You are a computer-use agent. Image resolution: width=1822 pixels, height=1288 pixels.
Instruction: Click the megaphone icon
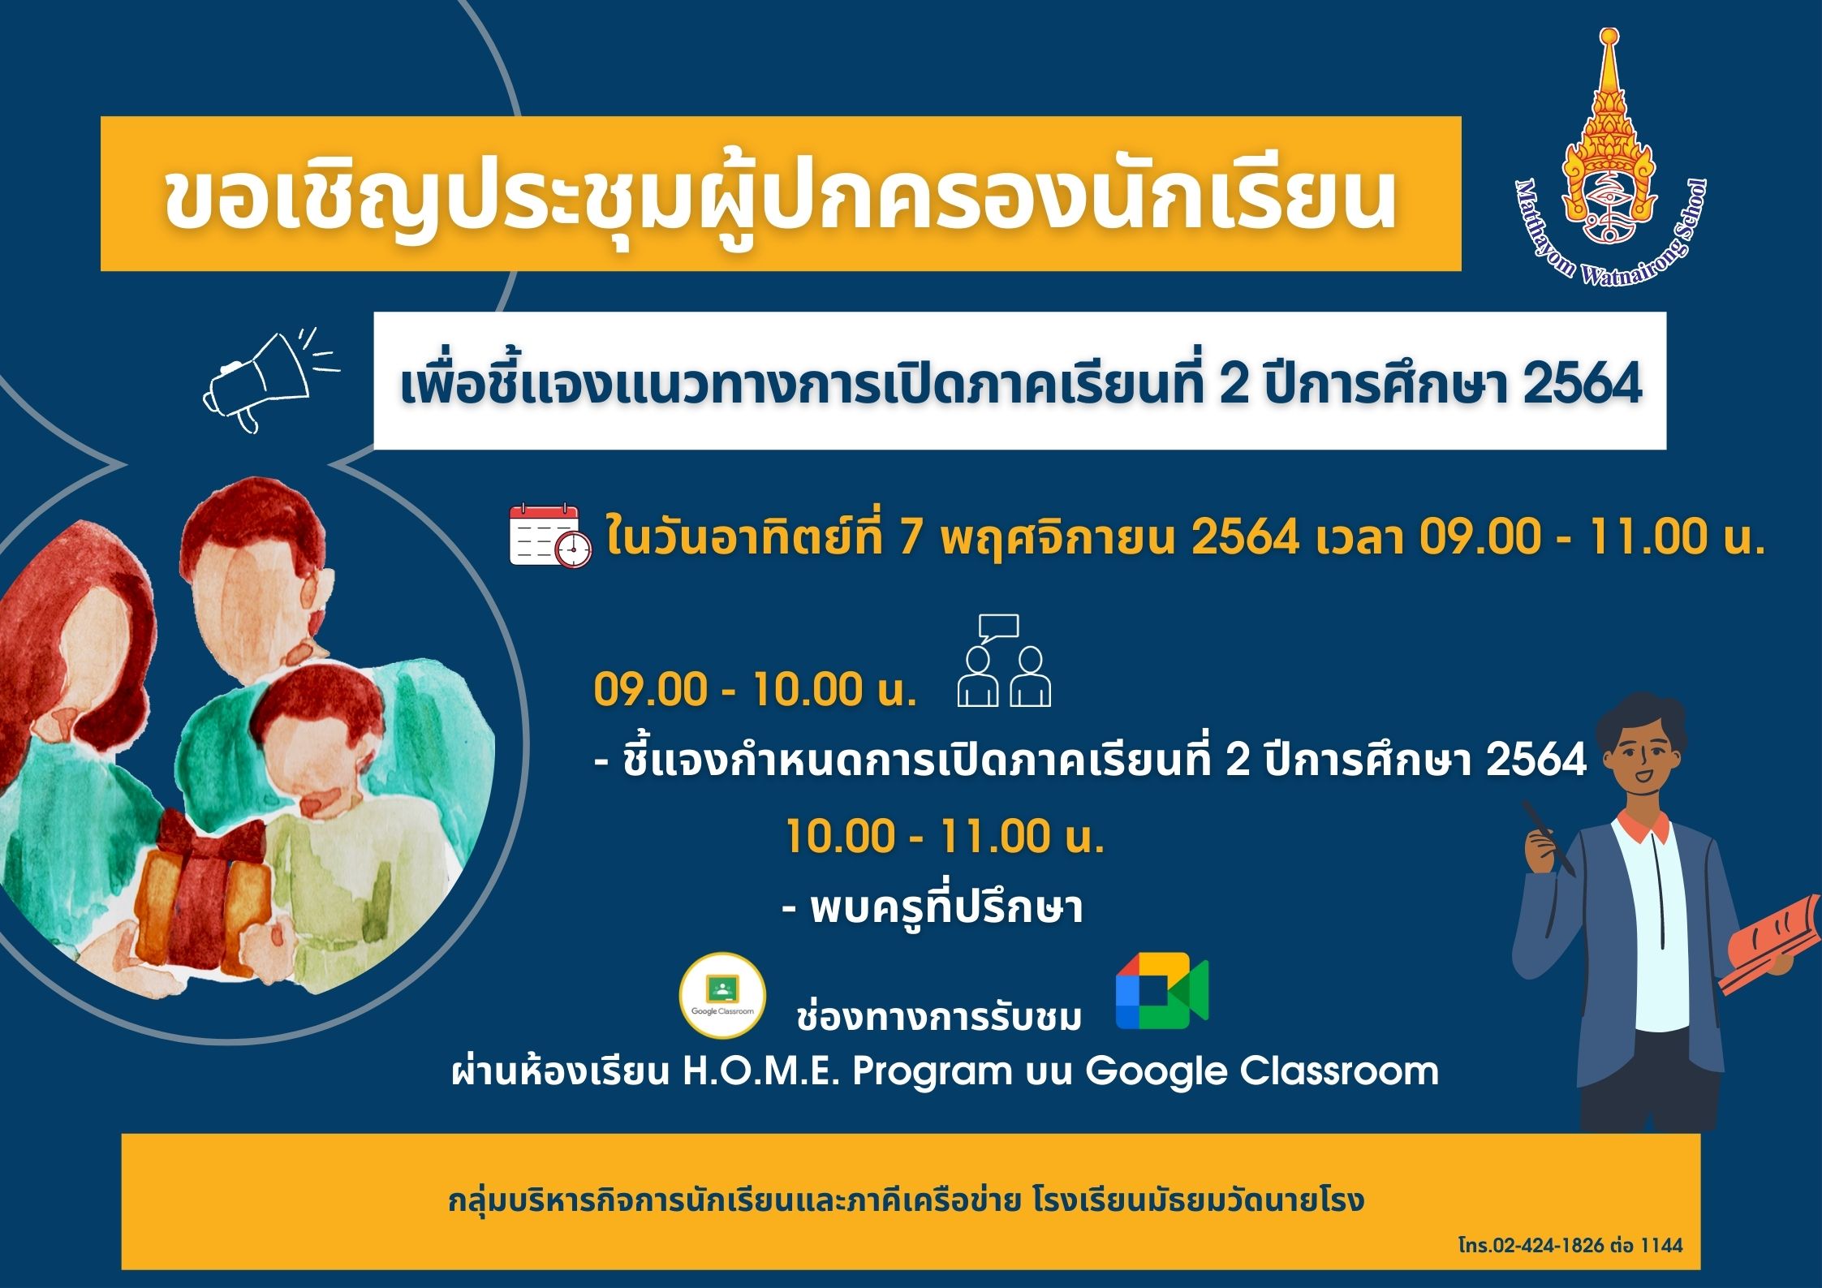(268, 380)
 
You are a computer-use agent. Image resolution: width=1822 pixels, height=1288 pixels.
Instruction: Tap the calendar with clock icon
(549, 535)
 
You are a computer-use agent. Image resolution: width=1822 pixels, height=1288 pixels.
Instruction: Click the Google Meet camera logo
(1161, 990)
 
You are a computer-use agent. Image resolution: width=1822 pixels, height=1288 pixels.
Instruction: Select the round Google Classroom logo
(722, 995)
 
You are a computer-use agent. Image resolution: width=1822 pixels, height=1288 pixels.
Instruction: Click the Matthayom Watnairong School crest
(1611, 158)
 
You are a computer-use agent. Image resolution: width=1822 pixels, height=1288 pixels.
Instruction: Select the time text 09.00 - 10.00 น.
(755, 690)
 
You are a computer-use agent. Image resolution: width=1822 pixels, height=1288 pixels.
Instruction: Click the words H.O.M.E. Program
(846, 1071)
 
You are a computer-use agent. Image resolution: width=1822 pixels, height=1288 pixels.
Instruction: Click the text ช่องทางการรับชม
(939, 1016)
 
